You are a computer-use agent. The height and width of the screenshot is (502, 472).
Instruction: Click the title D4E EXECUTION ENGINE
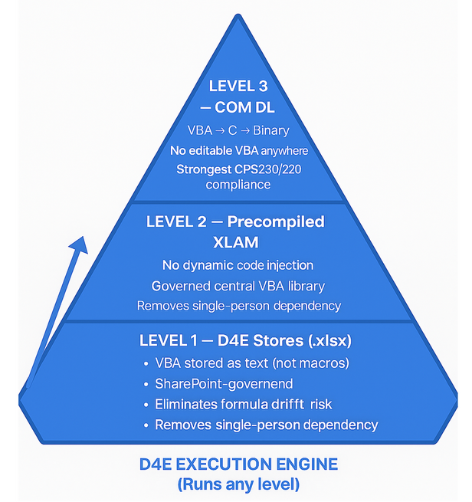click(238, 465)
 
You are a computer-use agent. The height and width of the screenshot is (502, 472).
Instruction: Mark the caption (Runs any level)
click(238, 484)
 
